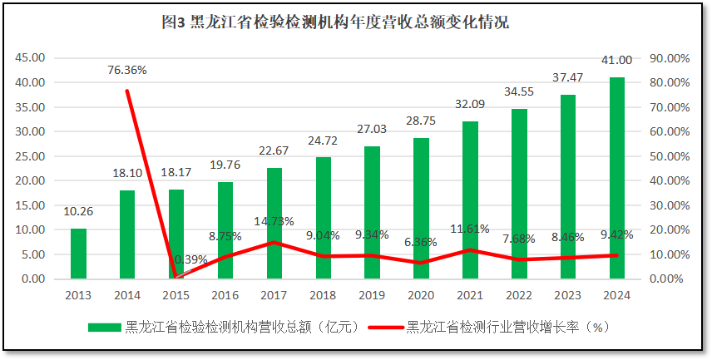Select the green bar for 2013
[78, 254]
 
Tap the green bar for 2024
[617, 178]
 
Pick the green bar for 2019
[372, 212]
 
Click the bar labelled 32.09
[470, 200]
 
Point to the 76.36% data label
[127, 70]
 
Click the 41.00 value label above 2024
[617, 60]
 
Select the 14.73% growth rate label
[274, 220]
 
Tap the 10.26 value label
[78, 211]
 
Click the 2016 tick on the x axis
[225, 294]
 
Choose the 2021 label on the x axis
[470, 294]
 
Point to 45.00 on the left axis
[31, 57]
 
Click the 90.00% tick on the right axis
[670, 57]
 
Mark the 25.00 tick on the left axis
[31, 156]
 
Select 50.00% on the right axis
[670, 156]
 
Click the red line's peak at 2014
[127, 91]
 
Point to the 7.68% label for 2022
[520, 239]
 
